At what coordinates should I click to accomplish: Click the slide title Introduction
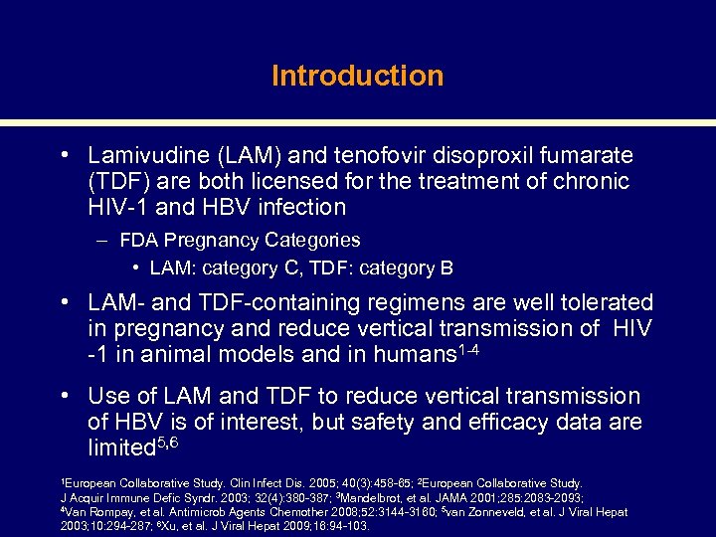pyautogui.click(x=357, y=76)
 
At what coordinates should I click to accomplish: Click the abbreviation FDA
pyautogui.click(x=136, y=240)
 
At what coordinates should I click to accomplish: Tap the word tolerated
pyautogui.click(x=606, y=302)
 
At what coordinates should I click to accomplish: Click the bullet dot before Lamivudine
pyautogui.click(x=63, y=156)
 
